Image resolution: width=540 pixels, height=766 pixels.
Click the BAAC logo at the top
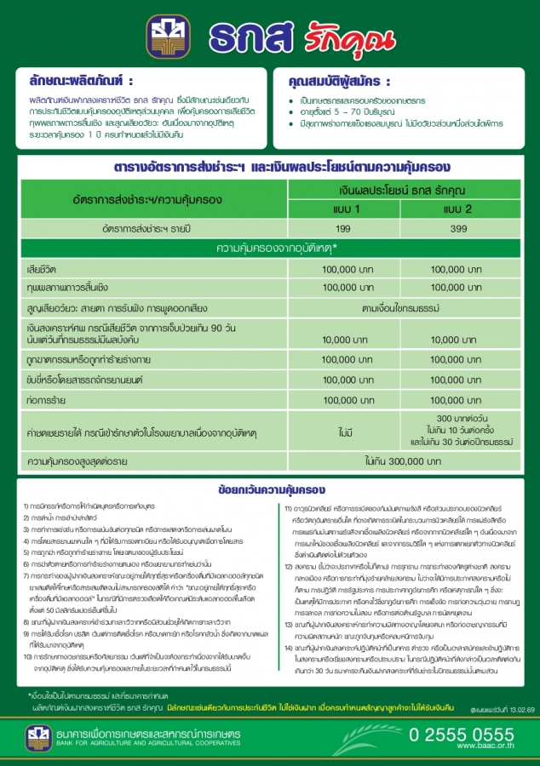point(169,37)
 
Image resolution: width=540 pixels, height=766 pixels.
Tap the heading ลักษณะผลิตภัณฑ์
point(80,82)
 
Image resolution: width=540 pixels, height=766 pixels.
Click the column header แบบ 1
point(345,209)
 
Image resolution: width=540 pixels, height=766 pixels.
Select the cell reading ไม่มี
point(345,433)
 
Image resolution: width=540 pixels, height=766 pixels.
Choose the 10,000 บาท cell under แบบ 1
point(345,340)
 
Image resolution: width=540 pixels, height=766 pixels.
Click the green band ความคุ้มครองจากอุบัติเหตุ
point(277,249)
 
